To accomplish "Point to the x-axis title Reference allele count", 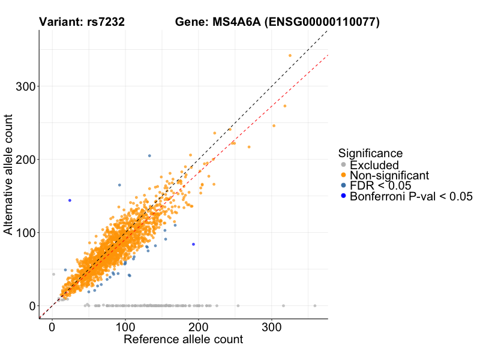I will (x=183, y=340).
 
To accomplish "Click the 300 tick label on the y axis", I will (x=25, y=86).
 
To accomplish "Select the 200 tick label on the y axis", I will (x=25, y=160).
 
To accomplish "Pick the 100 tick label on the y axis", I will (x=25, y=233).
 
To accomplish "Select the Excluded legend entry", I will (x=374, y=165).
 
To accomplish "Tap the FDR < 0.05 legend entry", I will (x=380, y=185).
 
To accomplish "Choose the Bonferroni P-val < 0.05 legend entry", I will (x=411, y=196).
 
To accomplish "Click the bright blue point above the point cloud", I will (x=70, y=200).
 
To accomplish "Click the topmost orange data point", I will (x=290, y=55).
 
